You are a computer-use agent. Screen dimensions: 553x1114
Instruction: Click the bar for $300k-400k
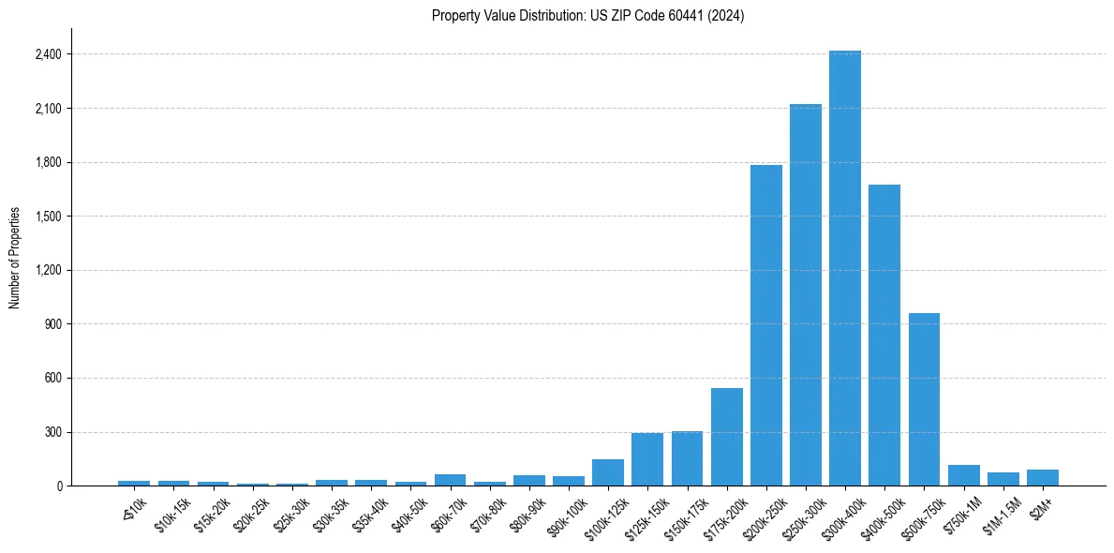(844, 268)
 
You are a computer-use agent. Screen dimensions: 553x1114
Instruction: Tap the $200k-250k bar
(765, 325)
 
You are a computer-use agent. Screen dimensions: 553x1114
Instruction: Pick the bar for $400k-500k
(884, 336)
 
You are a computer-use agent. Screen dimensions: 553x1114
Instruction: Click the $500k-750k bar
(924, 399)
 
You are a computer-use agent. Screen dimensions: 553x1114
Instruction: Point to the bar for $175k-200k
(726, 437)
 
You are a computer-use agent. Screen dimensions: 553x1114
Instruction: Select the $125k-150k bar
(647, 459)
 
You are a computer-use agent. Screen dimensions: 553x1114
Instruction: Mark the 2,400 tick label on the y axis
(48, 54)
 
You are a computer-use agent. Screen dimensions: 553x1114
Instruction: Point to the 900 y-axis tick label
(53, 324)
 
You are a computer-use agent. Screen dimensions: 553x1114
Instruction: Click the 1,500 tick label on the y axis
(48, 217)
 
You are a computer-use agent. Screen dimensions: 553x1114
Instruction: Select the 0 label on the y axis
(59, 486)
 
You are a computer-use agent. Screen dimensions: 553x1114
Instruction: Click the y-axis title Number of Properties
(15, 258)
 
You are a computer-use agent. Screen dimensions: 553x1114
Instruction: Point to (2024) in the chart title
(727, 16)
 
